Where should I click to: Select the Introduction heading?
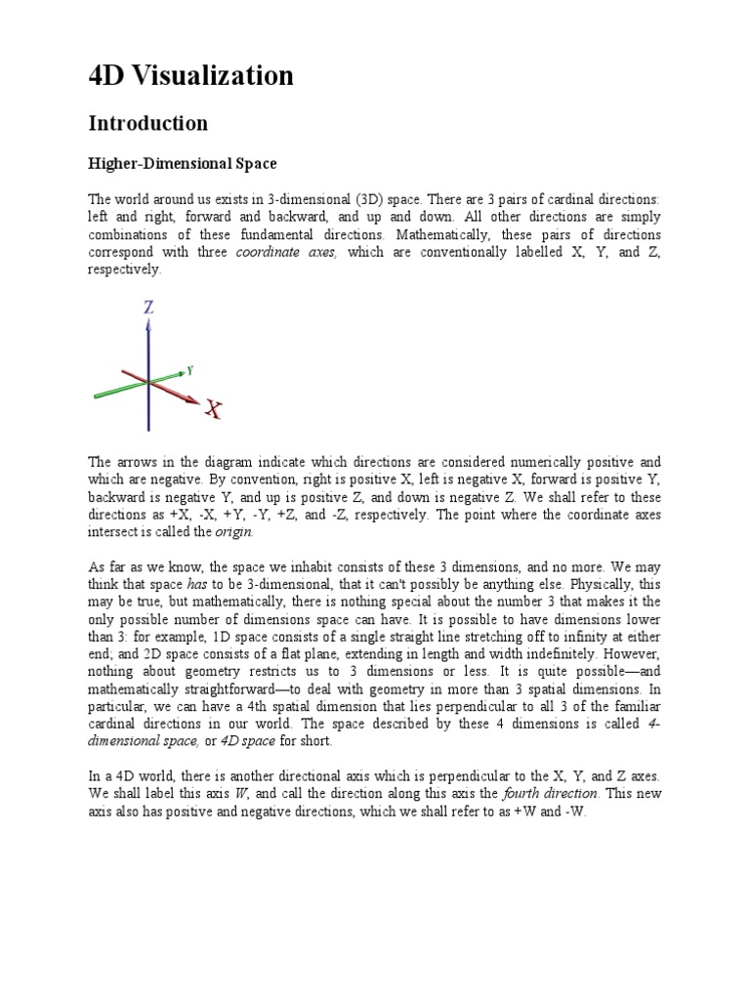point(148,123)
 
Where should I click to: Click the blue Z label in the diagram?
point(148,307)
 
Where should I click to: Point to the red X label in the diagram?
point(213,410)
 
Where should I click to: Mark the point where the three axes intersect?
point(148,381)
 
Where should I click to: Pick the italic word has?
point(198,583)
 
